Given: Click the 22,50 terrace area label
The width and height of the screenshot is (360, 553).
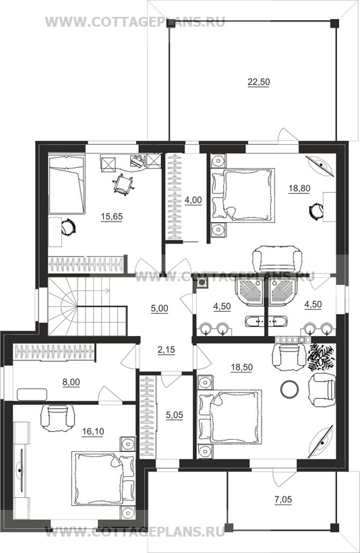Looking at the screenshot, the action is click(x=258, y=82).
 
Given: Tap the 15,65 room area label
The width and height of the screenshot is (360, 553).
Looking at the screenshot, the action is click(x=111, y=216).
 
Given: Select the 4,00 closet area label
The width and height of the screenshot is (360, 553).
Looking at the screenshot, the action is click(x=193, y=200).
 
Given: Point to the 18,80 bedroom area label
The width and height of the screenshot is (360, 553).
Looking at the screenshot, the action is click(x=299, y=189).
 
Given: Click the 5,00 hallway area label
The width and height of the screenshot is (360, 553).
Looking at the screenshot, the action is click(x=159, y=308).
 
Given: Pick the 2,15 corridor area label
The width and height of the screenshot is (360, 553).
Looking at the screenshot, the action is click(x=166, y=350).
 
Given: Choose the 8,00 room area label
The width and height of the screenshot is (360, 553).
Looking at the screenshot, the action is click(x=71, y=382).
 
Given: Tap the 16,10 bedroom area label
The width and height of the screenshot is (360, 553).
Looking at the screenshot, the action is click(x=92, y=431).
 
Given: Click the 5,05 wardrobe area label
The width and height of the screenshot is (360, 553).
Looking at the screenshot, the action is click(x=175, y=415).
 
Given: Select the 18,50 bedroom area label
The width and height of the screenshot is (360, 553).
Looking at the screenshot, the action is click(x=242, y=367).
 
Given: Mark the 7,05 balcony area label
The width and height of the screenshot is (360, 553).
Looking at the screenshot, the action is click(x=283, y=499).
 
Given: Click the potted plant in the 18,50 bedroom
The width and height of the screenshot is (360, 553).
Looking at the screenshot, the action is click(x=320, y=358).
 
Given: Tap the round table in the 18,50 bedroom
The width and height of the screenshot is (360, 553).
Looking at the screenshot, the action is click(x=289, y=389).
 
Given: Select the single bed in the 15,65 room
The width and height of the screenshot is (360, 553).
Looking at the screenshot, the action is click(x=67, y=184).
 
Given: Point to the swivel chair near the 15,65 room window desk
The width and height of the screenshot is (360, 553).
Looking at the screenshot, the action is click(x=123, y=185).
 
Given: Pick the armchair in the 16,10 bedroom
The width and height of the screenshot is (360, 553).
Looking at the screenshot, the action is click(x=59, y=418).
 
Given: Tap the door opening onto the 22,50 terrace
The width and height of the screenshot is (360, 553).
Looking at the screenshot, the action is click(x=287, y=137).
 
